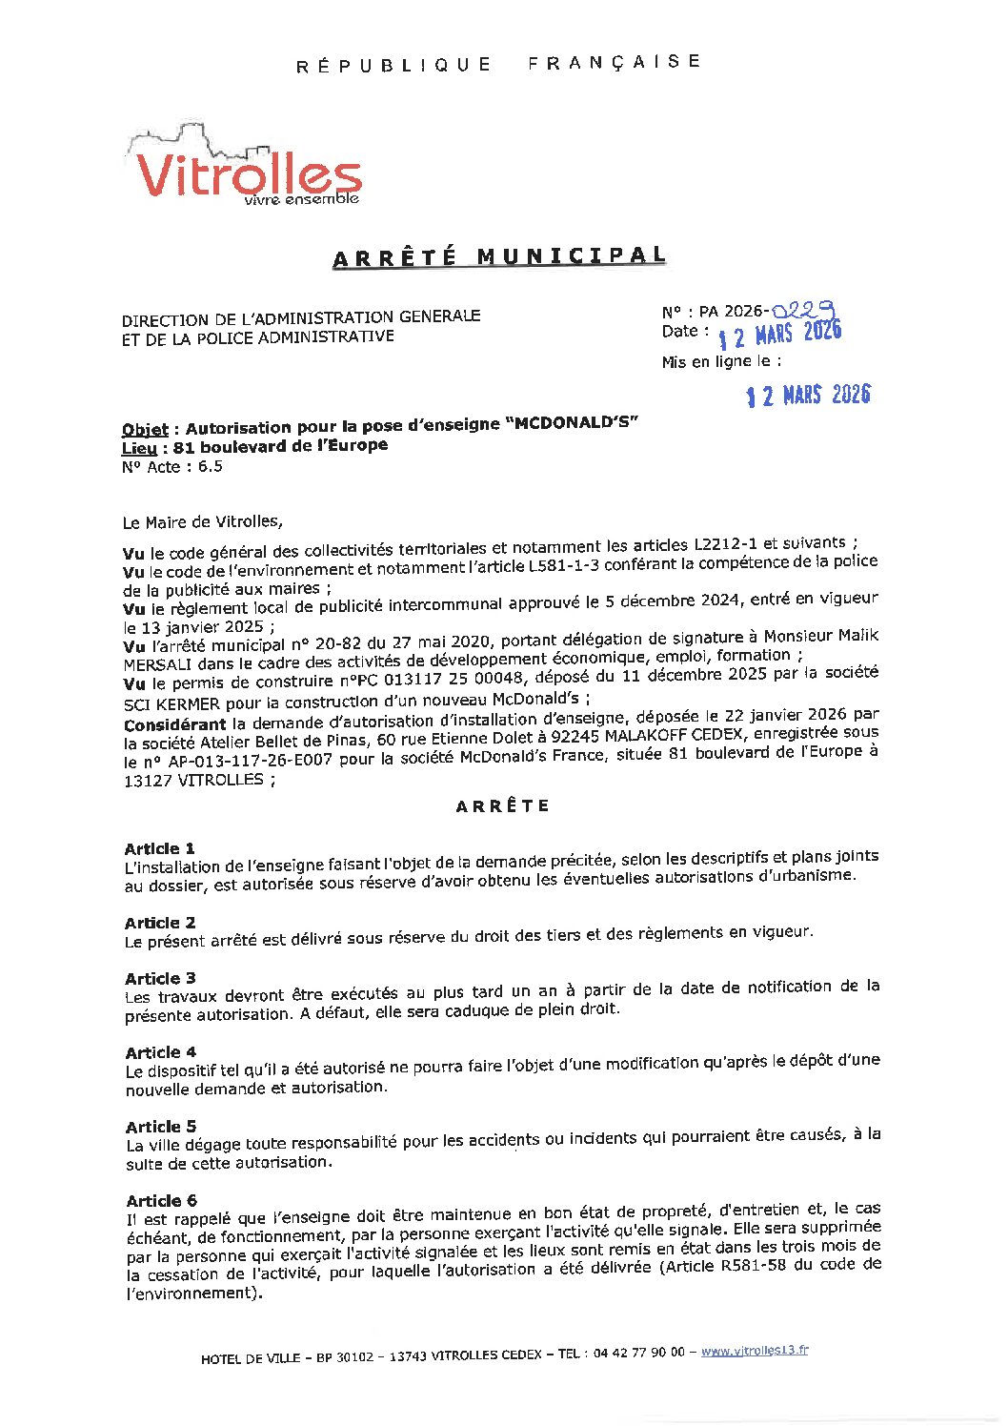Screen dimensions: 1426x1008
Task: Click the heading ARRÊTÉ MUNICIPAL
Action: pyautogui.click(x=498, y=257)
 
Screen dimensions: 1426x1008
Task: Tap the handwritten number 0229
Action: pyautogui.click(x=804, y=310)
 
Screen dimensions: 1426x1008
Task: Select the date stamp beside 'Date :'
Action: pyautogui.click(x=780, y=335)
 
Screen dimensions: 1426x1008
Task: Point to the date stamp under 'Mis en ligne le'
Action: pyautogui.click(x=808, y=395)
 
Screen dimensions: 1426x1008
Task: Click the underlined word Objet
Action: pyautogui.click(x=145, y=430)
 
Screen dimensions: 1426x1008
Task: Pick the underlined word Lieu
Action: pyautogui.click(x=139, y=448)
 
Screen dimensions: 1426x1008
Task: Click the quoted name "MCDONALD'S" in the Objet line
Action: pyautogui.click(x=575, y=423)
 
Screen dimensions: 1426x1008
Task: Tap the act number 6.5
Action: pyautogui.click(x=210, y=466)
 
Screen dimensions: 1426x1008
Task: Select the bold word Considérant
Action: pyautogui.click(x=173, y=724)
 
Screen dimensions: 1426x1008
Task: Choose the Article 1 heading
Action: pyautogui.click(x=159, y=848)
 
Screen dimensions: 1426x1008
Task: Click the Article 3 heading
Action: pyautogui.click(x=160, y=978)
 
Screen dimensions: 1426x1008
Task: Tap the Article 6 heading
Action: pyautogui.click(x=161, y=1201)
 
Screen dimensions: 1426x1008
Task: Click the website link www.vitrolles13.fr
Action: pyautogui.click(x=755, y=1351)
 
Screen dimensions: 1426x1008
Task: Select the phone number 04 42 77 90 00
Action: pyautogui.click(x=637, y=1353)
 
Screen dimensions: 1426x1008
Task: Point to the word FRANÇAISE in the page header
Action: pyautogui.click(x=615, y=62)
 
